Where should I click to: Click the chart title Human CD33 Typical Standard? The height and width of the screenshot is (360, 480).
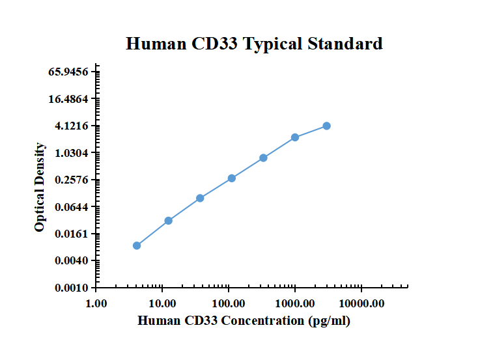point(254,44)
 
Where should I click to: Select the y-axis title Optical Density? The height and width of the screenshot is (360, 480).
point(40,187)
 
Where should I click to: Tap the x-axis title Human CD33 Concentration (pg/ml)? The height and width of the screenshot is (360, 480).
point(244,321)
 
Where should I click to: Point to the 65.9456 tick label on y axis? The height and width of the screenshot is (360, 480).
point(68,72)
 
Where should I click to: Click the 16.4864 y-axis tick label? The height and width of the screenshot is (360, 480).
point(68,99)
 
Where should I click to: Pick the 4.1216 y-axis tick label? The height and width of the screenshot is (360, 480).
point(71,126)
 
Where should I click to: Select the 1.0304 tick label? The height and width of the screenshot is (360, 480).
point(71,153)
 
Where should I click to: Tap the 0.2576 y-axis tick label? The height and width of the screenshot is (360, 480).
point(71,180)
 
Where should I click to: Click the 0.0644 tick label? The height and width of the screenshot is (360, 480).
point(71,207)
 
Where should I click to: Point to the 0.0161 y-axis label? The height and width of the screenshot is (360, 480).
point(71,234)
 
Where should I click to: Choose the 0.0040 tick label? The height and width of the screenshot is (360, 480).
point(71,261)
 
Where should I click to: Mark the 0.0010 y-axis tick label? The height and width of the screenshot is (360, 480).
point(71,288)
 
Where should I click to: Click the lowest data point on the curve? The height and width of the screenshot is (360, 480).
point(137,245)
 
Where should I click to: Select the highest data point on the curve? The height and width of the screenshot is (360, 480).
point(326,126)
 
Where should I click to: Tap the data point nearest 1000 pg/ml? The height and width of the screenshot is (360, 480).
point(295,137)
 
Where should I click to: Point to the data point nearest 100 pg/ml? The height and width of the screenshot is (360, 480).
point(232,178)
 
